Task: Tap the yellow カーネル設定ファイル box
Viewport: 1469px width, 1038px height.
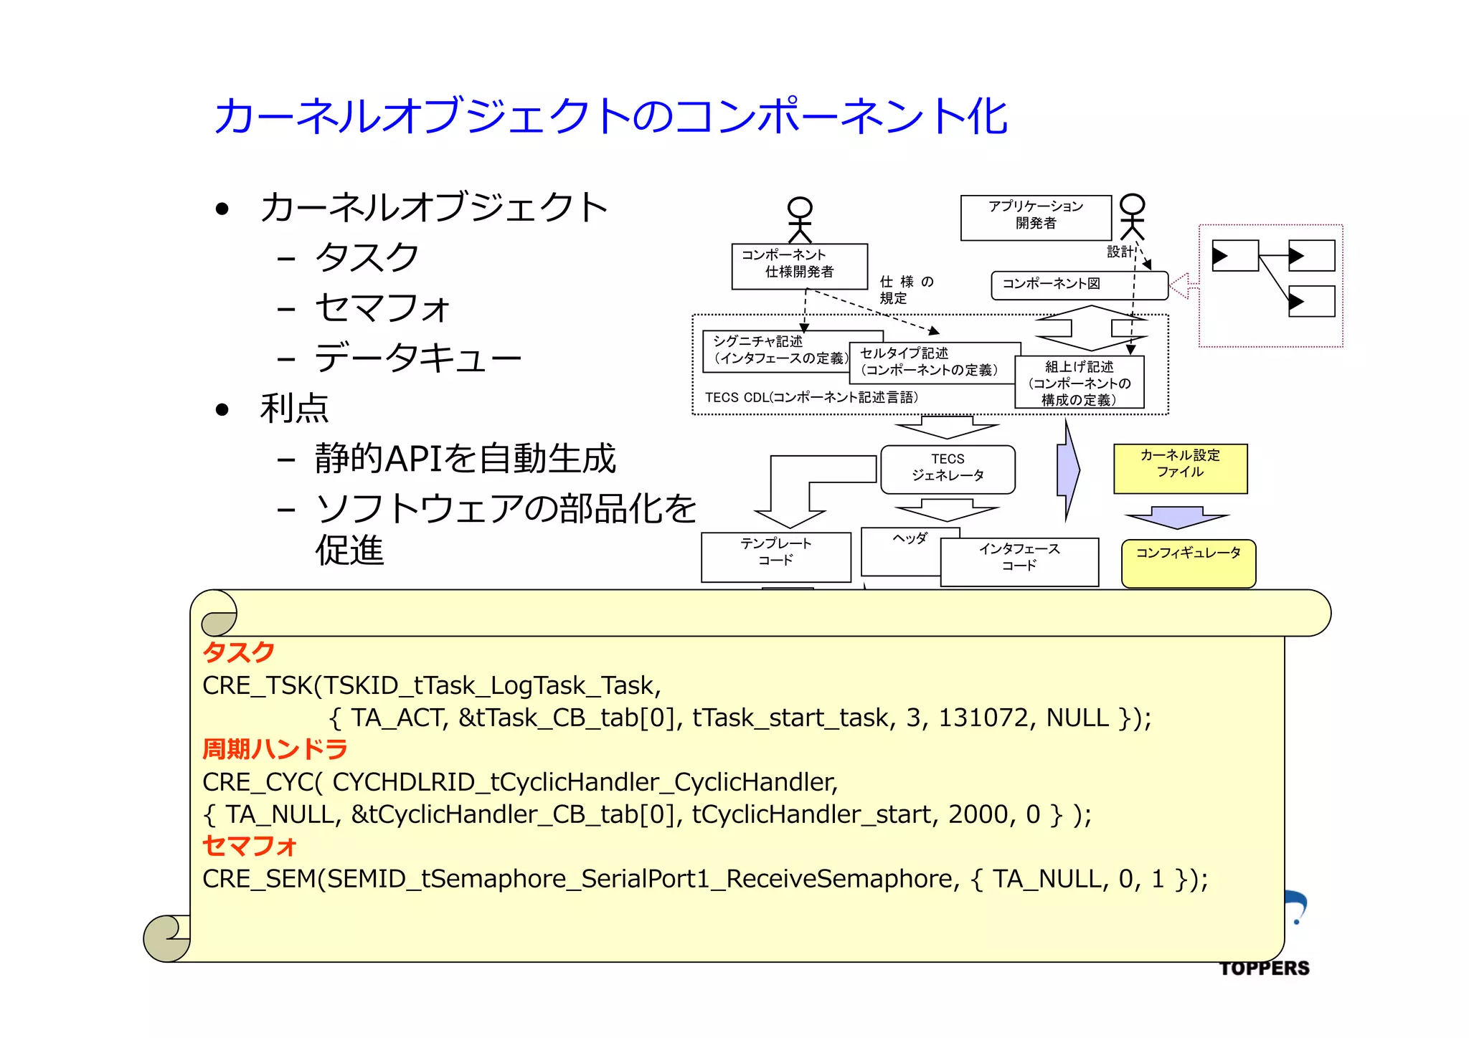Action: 1180,468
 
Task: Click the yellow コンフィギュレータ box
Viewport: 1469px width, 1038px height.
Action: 1188,563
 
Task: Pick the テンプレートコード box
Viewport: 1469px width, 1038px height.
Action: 775,556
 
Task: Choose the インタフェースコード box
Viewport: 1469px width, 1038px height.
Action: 1019,561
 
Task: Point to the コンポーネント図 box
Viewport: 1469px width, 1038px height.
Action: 1079,285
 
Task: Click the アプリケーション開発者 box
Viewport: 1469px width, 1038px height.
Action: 1036,217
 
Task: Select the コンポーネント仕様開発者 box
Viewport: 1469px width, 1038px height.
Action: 799,266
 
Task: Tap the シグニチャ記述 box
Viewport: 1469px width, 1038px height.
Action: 775,351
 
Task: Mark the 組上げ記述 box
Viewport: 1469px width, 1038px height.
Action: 1079,383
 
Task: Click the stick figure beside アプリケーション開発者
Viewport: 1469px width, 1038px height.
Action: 1132,216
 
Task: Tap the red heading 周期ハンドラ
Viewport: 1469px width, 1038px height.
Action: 275,749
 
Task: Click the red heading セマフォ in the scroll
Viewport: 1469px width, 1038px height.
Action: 250,846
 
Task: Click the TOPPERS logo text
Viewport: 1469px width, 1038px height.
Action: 1264,968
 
